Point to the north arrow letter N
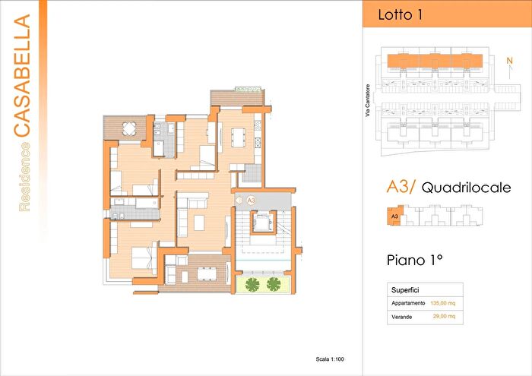point(509,58)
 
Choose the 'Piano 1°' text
point(415,260)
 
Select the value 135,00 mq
point(443,303)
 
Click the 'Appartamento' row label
point(408,303)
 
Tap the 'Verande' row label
point(402,316)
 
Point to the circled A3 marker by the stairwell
point(251,199)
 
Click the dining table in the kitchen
point(237,137)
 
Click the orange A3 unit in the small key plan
point(394,216)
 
